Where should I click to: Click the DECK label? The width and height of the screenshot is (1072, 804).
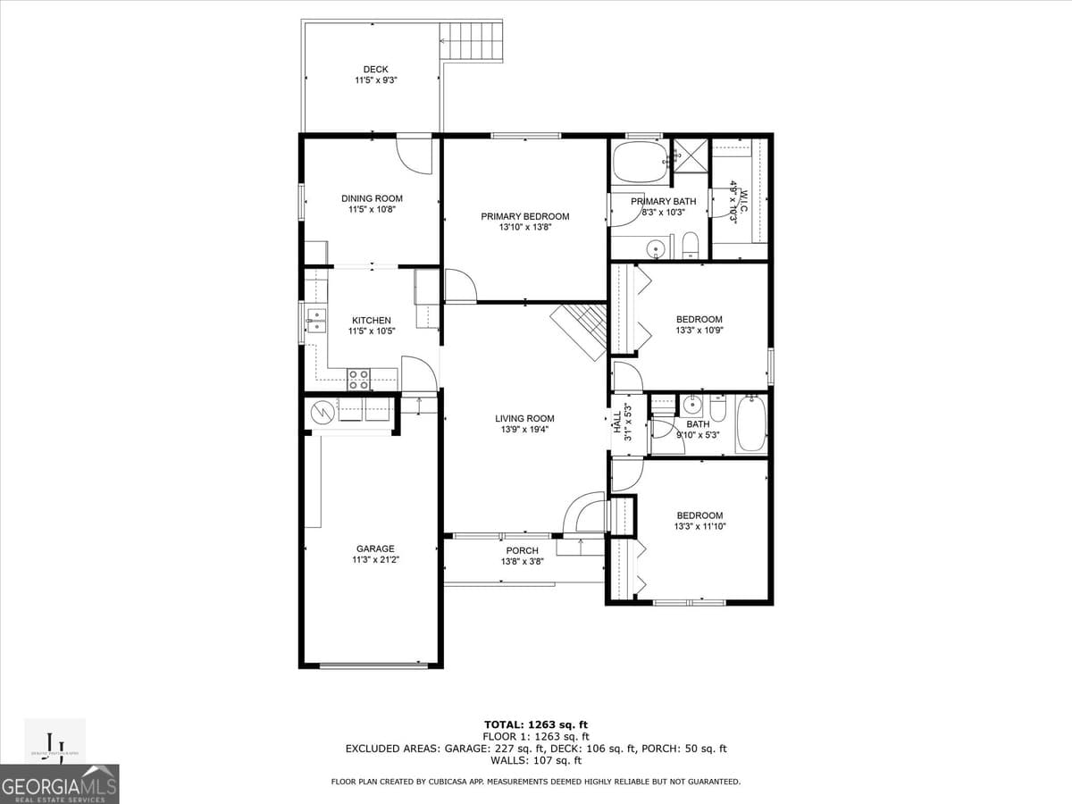point(375,70)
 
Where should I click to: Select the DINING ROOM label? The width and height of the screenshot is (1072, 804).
point(372,198)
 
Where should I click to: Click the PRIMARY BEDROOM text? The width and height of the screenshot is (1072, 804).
point(524,216)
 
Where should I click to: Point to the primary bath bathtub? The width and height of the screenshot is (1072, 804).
point(639,162)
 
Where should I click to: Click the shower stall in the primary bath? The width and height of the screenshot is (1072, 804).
point(690,155)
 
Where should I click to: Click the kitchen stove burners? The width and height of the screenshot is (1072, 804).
point(359,380)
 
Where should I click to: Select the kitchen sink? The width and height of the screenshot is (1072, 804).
point(315,320)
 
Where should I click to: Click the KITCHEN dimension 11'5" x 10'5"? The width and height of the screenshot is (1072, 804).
point(372,331)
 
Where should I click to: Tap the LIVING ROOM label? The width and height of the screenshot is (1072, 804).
point(524,418)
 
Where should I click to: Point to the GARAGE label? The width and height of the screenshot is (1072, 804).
point(375,549)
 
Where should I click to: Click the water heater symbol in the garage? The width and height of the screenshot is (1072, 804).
point(322,412)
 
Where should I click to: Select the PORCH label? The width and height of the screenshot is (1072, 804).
point(522,550)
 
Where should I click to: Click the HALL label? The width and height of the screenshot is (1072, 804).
point(617,422)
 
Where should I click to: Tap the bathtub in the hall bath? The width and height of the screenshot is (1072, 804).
point(751,424)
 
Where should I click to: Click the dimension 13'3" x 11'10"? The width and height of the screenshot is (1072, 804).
point(699,527)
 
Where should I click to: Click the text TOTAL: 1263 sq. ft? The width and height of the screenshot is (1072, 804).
point(535,724)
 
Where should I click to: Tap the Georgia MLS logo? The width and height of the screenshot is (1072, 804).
point(59,784)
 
